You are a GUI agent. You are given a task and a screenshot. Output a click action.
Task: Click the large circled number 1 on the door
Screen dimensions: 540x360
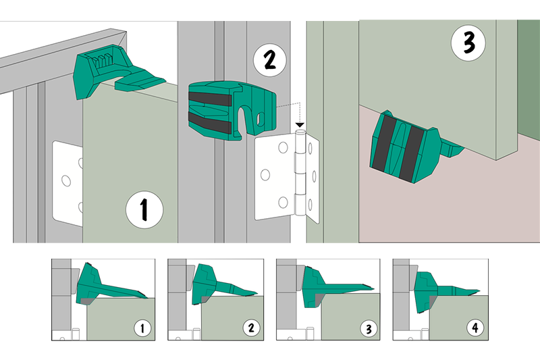click(x=144, y=210)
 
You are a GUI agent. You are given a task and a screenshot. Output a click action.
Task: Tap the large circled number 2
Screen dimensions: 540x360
click(x=269, y=60)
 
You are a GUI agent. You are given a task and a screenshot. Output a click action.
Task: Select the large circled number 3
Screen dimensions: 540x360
click(x=468, y=43)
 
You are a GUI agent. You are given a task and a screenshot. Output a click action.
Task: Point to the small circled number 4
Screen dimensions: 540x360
click(x=475, y=328)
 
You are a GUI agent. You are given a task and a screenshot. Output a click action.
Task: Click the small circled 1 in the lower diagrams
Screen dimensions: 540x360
click(x=142, y=328)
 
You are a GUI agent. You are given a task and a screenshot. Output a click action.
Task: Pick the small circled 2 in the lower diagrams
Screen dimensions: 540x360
click(x=251, y=328)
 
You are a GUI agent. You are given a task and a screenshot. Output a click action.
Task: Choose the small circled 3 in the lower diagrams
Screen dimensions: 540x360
click(x=369, y=329)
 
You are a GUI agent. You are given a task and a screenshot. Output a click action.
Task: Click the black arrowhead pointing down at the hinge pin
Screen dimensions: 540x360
click(x=300, y=125)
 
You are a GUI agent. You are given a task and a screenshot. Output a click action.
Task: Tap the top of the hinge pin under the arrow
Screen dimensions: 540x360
click(x=300, y=132)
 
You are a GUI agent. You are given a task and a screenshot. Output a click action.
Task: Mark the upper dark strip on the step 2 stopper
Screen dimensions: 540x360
click(x=209, y=99)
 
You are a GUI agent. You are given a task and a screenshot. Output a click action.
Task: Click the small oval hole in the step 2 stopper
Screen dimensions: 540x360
click(x=260, y=118)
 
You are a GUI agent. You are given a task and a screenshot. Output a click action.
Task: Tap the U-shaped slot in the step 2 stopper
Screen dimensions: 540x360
click(x=245, y=119)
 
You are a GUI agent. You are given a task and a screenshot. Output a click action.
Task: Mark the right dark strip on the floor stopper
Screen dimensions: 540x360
click(x=411, y=154)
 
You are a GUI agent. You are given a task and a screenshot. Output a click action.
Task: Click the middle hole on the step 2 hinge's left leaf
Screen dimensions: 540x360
click(x=265, y=175)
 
